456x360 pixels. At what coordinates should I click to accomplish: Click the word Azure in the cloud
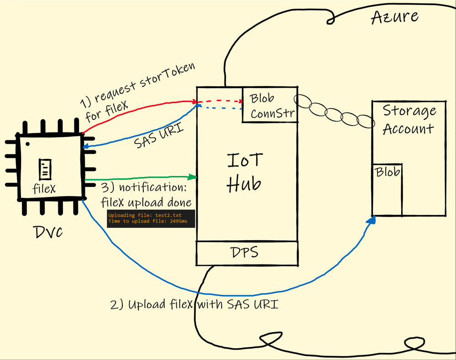395,17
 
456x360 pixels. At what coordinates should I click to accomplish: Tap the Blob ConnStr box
269,105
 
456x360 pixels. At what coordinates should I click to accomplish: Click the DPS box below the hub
246,253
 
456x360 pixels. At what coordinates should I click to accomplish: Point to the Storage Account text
409,120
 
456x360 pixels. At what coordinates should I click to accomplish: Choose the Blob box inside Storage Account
387,189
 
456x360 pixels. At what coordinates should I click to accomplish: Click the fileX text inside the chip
44,188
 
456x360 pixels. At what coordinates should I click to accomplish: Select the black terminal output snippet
151,218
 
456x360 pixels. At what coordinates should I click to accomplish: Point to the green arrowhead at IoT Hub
193,176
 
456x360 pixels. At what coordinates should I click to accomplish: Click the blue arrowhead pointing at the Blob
372,221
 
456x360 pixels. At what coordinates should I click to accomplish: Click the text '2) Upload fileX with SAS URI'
194,304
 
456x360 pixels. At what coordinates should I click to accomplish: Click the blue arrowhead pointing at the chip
86,146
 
